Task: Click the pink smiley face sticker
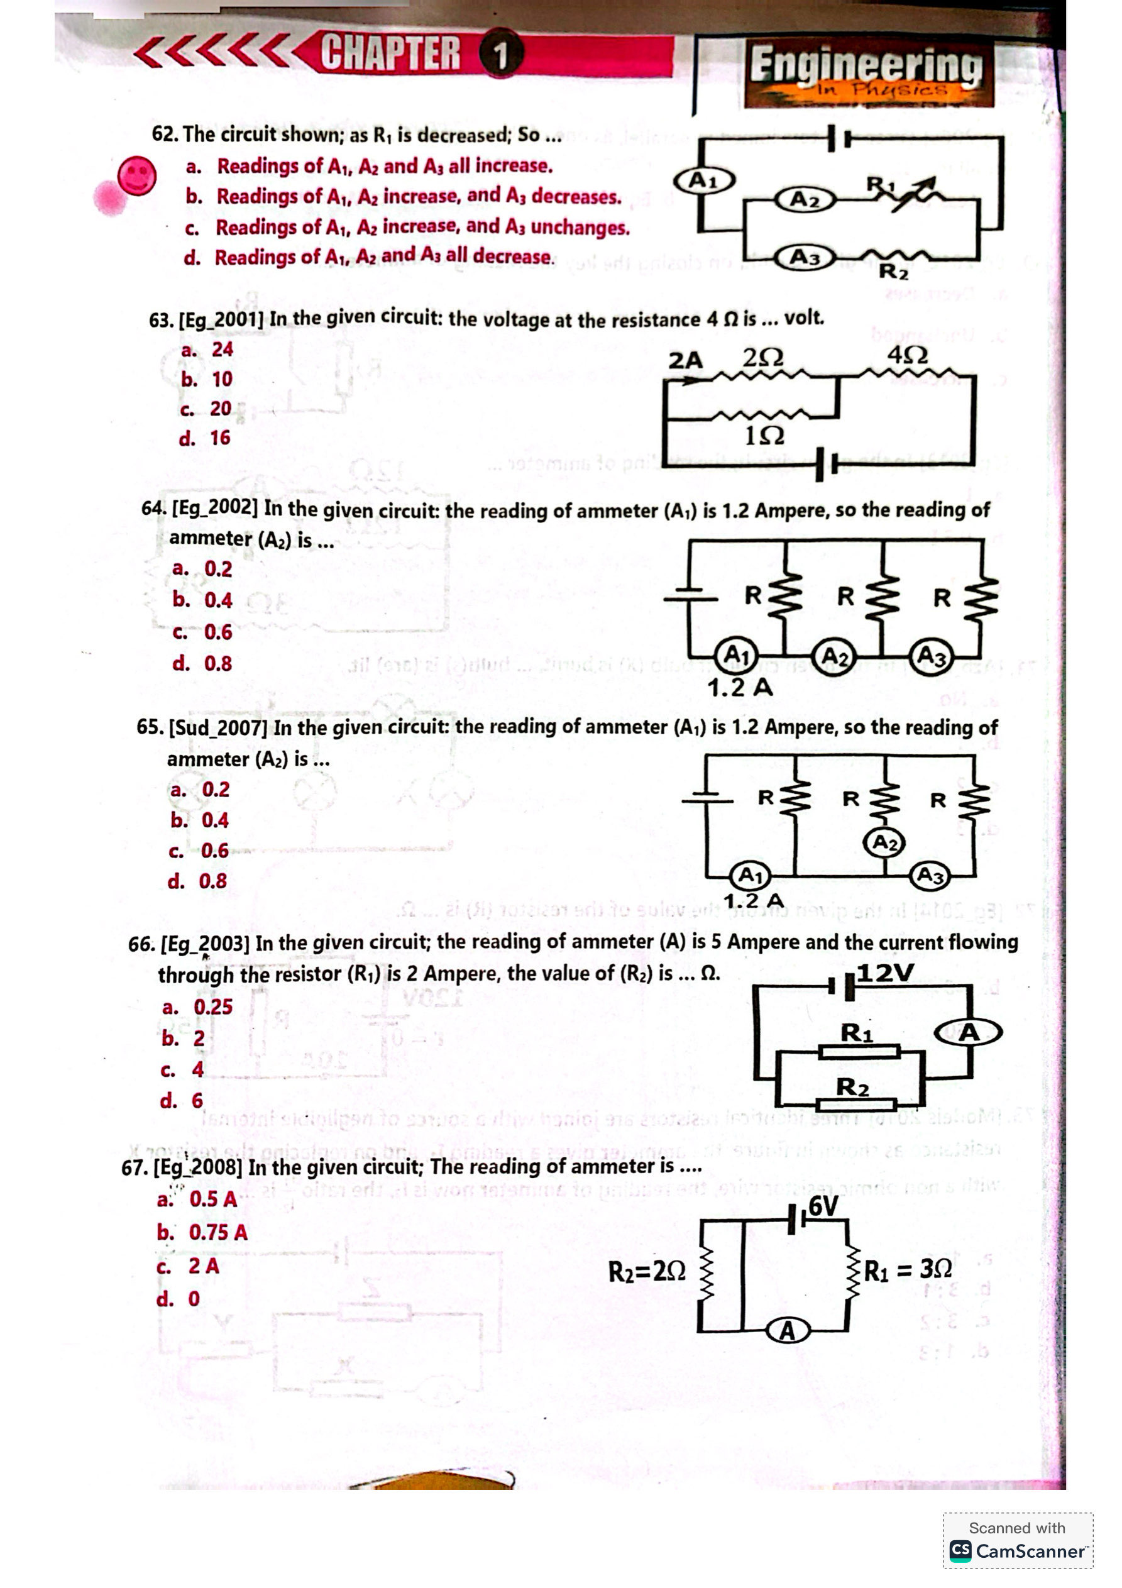(136, 175)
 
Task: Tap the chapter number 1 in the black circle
(500, 55)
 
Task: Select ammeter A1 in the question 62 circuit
(703, 181)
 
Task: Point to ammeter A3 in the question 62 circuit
(804, 256)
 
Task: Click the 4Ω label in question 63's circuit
(908, 355)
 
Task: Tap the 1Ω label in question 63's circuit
(764, 436)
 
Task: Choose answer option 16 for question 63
(220, 438)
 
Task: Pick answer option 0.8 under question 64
(218, 663)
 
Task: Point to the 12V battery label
(885, 973)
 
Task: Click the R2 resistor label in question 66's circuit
(852, 1086)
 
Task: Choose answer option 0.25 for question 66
(213, 1007)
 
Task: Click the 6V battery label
(823, 1207)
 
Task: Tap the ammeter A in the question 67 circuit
(787, 1331)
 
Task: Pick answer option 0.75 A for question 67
(218, 1233)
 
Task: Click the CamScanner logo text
(1030, 1552)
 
